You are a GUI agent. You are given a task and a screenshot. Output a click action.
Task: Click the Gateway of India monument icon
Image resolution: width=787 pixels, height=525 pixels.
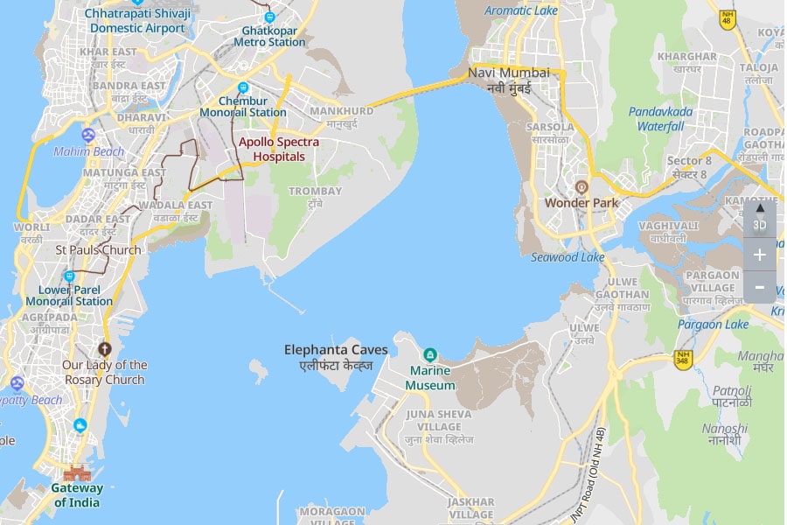point(77,472)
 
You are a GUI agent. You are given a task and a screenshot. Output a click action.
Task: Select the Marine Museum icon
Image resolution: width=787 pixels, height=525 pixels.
point(429,354)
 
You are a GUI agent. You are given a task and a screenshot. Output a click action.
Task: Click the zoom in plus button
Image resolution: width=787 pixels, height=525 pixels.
point(759,255)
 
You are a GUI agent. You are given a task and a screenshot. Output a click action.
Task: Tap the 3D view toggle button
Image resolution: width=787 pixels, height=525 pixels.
point(759,218)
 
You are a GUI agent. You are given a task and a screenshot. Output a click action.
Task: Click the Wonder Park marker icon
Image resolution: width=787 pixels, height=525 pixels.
point(582,186)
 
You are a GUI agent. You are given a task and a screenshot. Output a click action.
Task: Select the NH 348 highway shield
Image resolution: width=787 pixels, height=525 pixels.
point(683,357)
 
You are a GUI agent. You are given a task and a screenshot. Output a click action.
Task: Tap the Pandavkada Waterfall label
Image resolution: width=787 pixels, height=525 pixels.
point(660,119)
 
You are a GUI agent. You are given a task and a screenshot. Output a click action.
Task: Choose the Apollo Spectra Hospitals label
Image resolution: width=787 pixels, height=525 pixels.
point(279,149)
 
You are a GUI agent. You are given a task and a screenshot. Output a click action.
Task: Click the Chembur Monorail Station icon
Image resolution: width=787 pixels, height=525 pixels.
point(243,87)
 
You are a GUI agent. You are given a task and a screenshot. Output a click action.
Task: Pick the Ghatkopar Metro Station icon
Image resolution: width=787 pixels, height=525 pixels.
point(269,17)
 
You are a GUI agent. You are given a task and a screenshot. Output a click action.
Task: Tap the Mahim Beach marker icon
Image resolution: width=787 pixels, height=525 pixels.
point(87,135)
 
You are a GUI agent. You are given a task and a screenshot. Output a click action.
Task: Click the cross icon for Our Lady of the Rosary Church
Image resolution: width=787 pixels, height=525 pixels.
point(106,348)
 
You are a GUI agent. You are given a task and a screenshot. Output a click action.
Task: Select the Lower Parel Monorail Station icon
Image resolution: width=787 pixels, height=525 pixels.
point(69,276)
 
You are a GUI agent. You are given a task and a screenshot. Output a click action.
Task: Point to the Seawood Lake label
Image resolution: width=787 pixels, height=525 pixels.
point(568,257)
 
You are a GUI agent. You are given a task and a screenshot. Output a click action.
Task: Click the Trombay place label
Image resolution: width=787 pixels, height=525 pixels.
point(315,196)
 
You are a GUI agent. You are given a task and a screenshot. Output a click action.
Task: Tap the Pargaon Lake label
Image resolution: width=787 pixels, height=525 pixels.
point(712,325)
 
